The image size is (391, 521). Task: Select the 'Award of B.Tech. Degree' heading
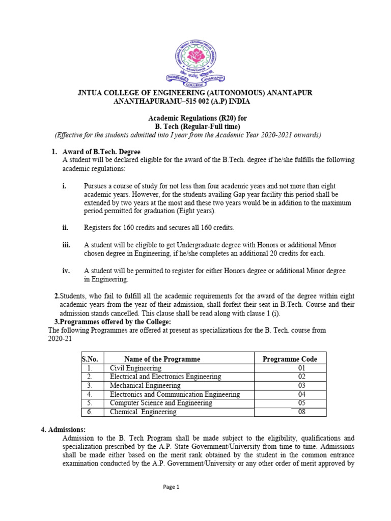[x=101, y=152]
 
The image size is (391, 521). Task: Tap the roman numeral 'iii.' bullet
[x=67, y=245]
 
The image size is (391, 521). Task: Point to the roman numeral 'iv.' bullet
[x=66, y=271]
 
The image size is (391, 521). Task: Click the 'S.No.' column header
[x=90, y=359]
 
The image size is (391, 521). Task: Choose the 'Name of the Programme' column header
[x=162, y=359]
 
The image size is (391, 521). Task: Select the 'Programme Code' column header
[x=290, y=359]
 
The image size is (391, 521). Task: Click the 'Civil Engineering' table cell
[x=136, y=368]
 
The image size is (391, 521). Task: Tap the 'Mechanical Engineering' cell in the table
[x=145, y=386]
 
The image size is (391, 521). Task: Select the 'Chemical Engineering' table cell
[x=143, y=412]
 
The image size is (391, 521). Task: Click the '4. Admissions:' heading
[x=63, y=429]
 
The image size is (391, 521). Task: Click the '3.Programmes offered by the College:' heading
[x=113, y=322]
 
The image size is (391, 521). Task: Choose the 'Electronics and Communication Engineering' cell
[x=175, y=394]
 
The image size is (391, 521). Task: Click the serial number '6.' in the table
[x=89, y=412]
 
